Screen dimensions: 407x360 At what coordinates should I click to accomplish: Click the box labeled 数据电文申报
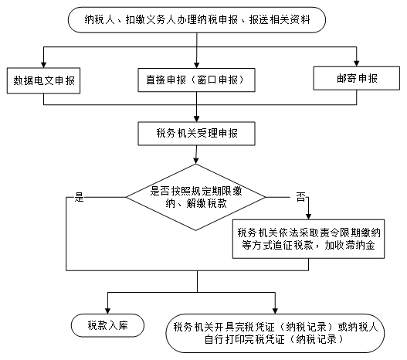pos(43,80)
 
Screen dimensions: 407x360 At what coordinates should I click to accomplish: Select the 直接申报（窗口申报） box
pos(196,80)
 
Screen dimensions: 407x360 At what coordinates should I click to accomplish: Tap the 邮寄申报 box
pos(357,78)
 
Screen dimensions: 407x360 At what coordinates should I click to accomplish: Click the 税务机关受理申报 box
pos(196,134)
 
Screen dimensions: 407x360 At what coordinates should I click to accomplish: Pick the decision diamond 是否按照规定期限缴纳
pos(195,197)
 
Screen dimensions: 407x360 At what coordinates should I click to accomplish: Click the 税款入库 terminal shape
pos(107,325)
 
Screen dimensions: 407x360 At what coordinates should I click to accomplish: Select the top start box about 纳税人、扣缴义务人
pos(197,20)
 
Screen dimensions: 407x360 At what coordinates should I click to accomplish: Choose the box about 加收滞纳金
pos(308,239)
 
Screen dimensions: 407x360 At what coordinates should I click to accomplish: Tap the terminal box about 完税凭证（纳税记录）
pos(275,333)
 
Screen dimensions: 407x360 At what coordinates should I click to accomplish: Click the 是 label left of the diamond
pos(80,197)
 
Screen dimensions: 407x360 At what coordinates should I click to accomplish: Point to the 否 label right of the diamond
pos(301,197)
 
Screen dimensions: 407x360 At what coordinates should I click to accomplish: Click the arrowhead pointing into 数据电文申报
pos(43,65)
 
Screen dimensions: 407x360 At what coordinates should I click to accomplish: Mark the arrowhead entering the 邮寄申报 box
pos(357,63)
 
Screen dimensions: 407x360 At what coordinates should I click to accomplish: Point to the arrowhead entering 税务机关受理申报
pos(196,119)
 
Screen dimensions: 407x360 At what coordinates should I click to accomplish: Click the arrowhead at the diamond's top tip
pos(196,161)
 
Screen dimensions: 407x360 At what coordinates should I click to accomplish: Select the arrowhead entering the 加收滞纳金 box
pos(308,217)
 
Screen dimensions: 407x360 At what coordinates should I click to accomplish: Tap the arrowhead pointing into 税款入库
pos(107,311)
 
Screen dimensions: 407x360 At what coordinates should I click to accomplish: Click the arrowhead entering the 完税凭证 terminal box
pos(275,311)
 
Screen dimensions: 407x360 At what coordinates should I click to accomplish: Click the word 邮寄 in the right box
pos(347,78)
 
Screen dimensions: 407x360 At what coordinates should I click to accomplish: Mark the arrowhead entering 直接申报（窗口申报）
pos(196,66)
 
